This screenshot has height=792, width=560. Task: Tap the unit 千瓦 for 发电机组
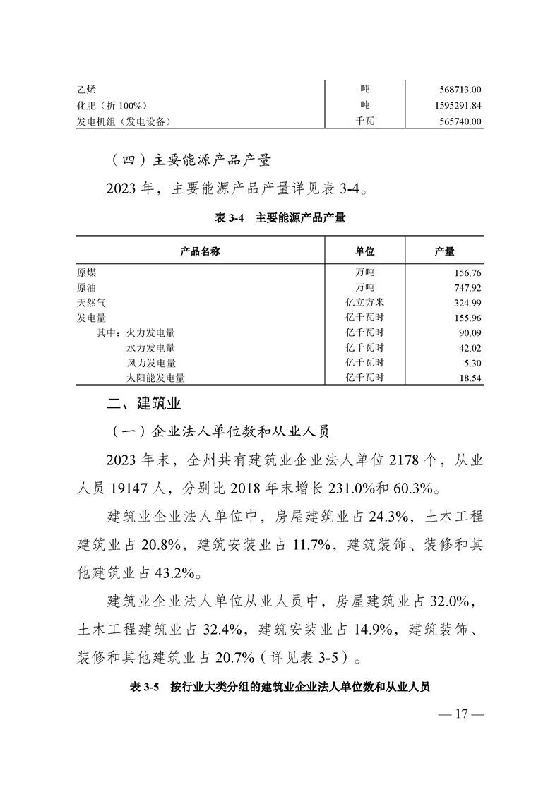click(x=364, y=121)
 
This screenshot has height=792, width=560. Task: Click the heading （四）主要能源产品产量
click(x=191, y=160)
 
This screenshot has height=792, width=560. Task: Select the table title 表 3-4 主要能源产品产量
click(x=280, y=219)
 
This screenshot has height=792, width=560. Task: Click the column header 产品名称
click(x=201, y=251)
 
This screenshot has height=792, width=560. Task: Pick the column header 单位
click(x=364, y=251)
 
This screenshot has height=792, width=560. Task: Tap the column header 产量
click(x=444, y=251)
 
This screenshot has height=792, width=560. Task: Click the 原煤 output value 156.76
click(x=465, y=272)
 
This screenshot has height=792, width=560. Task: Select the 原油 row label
click(x=88, y=288)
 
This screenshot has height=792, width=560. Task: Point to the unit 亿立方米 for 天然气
click(x=364, y=303)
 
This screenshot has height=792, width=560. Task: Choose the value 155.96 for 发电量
click(x=465, y=318)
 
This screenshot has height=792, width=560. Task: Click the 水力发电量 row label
click(x=150, y=348)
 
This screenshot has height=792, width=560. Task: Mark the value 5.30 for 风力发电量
click(x=470, y=363)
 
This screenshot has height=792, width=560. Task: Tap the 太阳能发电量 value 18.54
click(x=468, y=378)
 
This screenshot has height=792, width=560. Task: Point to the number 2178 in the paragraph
click(x=401, y=461)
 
